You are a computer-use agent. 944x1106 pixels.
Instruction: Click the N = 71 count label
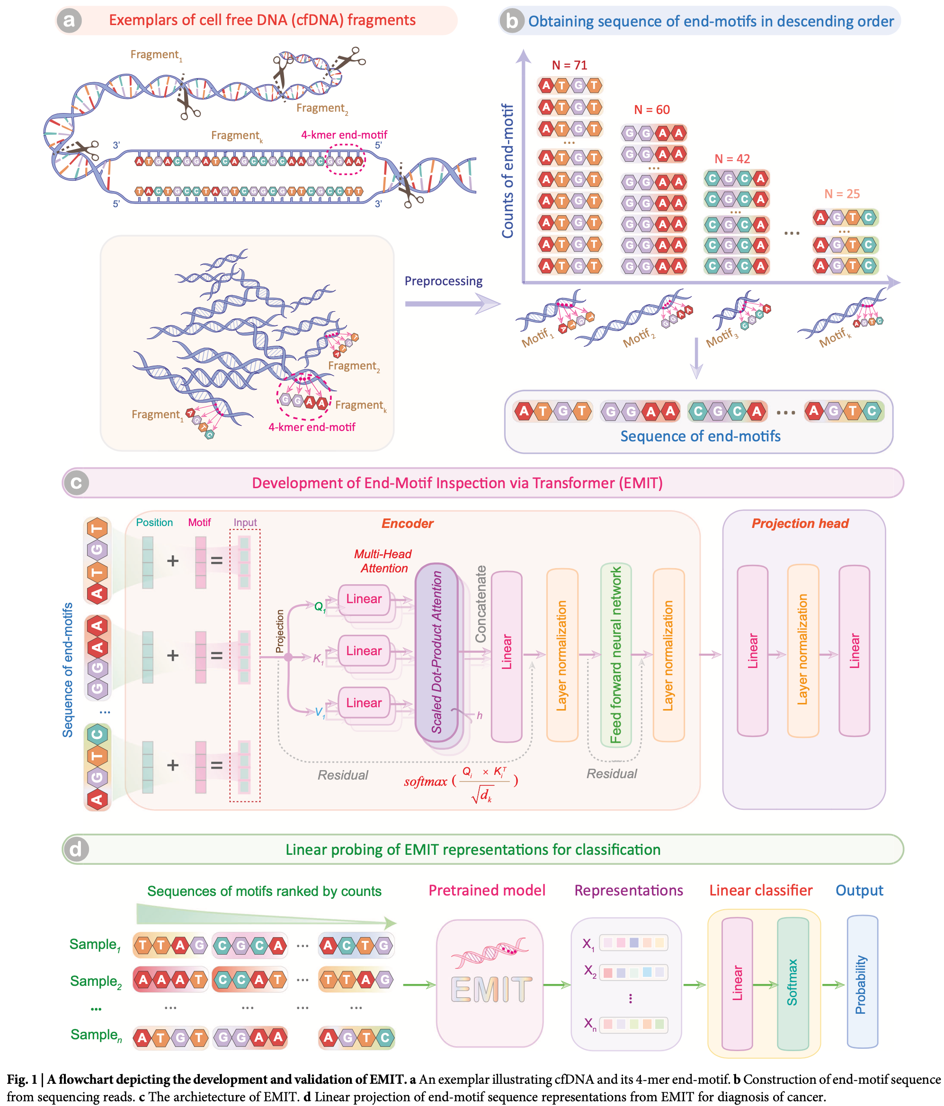[x=570, y=65]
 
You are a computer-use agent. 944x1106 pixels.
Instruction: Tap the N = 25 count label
[x=842, y=194]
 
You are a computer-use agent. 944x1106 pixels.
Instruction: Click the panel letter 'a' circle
[x=69, y=20]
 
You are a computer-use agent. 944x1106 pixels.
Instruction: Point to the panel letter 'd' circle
[x=76, y=849]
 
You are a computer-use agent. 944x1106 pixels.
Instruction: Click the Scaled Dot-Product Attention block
[x=436, y=652]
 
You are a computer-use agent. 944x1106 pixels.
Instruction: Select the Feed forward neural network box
[x=615, y=654]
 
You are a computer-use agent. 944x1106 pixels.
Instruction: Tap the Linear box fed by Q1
[x=364, y=599]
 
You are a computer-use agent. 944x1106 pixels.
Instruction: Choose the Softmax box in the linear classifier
[x=793, y=983]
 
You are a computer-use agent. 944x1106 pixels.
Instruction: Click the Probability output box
[x=861, y=983]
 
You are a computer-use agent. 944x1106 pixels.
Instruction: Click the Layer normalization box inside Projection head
[x=802, y=650]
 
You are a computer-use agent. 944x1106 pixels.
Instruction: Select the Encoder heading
[x=407, y=523]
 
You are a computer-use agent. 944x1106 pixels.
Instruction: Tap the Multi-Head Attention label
[x=383, y=561]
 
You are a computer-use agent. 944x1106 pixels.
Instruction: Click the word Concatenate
[x=481, y=604]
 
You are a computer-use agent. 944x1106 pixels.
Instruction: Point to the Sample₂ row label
[x=96, y=981]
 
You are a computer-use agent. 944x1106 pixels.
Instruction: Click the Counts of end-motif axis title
[x=507, y=171]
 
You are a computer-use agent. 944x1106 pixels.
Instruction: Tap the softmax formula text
[x=461, y=782]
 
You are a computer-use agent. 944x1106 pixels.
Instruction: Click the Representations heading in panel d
[x=628, y=890]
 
